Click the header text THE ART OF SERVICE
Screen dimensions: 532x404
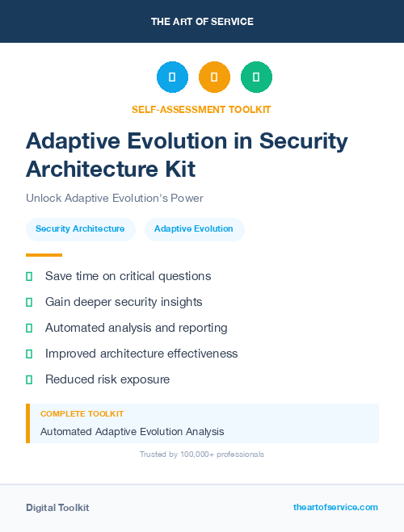click(202, 22)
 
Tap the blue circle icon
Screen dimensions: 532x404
click(172, 77)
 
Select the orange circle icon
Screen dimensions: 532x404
click(214, 77)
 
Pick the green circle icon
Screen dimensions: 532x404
click(256, 77)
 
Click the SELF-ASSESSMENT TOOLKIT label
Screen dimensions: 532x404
click(201, 109)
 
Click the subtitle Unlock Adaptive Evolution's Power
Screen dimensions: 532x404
click(114, 198)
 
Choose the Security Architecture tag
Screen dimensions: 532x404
click(80, 229)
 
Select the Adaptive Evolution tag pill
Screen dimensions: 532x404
click(194, 229)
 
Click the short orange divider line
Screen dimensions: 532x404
click(44, 255)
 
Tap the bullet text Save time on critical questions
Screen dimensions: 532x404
click(128, 276)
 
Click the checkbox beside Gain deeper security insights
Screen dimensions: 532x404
click(29, 302)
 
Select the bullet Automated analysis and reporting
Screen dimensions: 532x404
click(136, 328)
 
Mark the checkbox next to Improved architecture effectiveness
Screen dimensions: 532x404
click(29, 354)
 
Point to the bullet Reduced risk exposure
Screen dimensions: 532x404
click(107, 379)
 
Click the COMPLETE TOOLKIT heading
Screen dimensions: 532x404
click(82, 414)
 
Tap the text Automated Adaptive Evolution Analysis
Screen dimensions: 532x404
click(132, 432)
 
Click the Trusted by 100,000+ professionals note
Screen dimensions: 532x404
click(202, 455)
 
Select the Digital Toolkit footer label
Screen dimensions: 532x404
click(57, 508)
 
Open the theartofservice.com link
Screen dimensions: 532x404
click(335, 507)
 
